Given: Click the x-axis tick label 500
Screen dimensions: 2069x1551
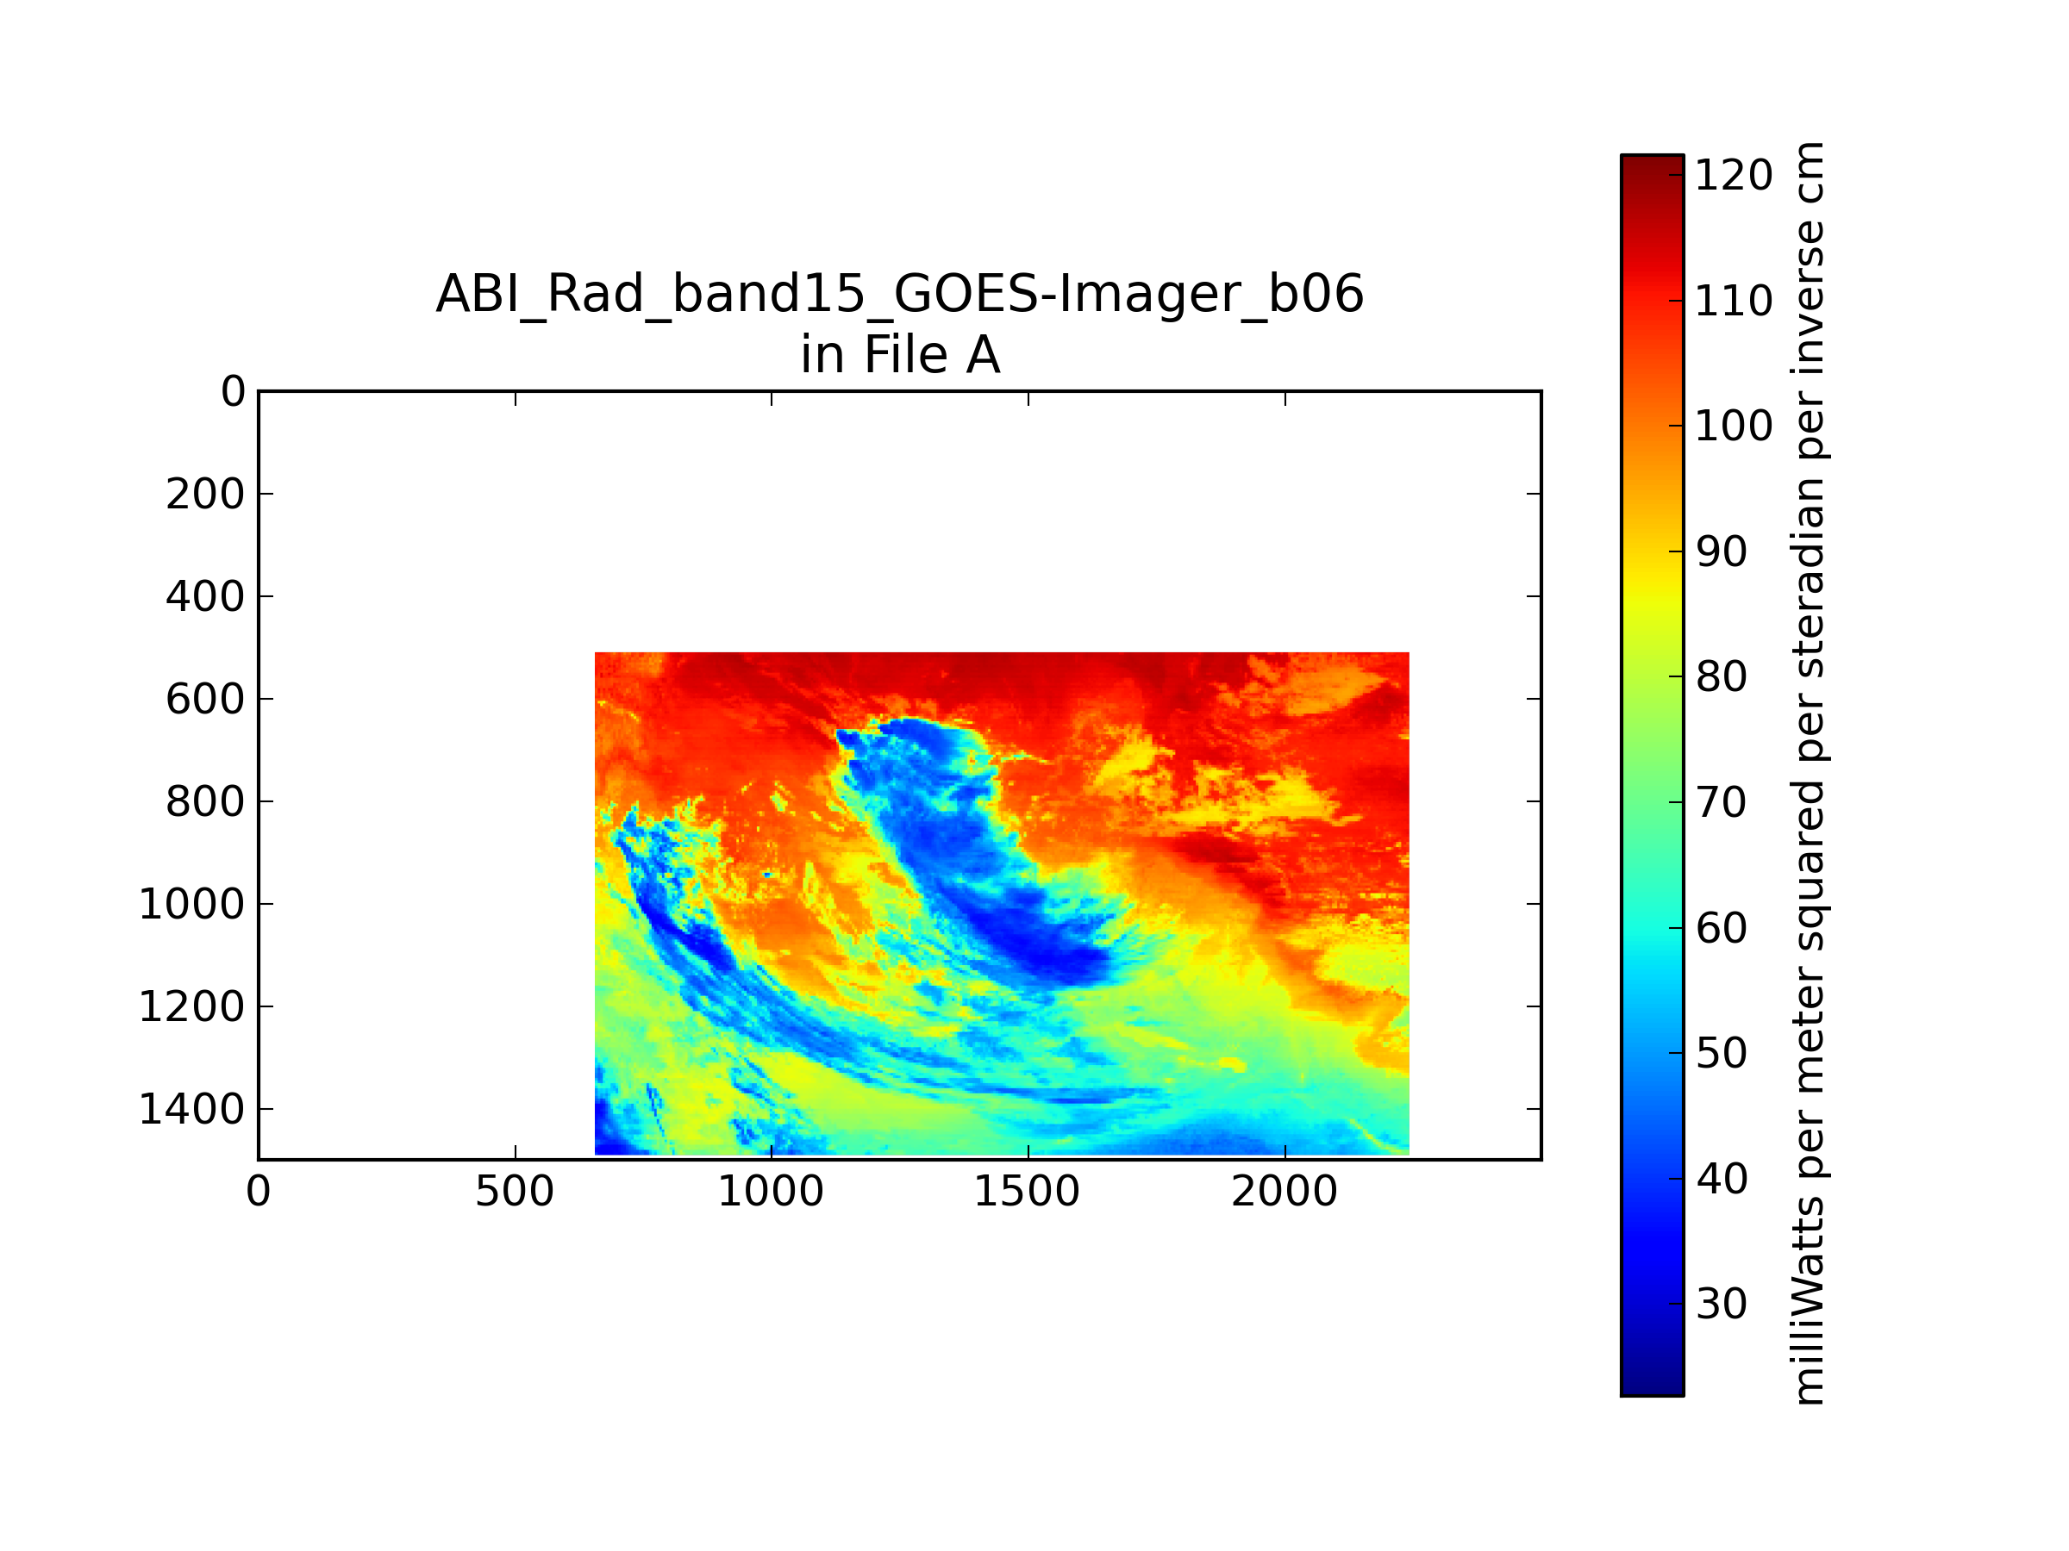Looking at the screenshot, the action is pos(515,1192).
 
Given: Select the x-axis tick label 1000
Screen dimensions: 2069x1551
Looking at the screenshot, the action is pos(771,1192).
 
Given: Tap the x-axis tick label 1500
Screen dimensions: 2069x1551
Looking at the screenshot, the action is pos(1027,1192).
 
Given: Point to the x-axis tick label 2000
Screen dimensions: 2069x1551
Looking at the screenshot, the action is pos(1285,1192).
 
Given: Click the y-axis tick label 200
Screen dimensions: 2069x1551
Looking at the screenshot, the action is pos(206,495).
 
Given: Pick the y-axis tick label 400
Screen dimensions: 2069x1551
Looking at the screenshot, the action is pos(206,596).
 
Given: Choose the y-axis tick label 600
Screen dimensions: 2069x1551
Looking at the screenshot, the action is pos(206,700).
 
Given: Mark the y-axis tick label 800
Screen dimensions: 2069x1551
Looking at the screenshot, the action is pos(206,802).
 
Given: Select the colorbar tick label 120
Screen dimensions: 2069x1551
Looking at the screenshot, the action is pos(1733,176).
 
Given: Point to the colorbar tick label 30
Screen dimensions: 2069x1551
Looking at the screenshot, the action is pos(1721,1303).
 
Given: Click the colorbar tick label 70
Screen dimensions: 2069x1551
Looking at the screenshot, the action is pos(1721,802).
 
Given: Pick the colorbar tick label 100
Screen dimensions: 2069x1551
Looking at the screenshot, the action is pos(1733,427).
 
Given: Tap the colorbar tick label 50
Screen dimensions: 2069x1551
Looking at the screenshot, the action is pos(1721,1053).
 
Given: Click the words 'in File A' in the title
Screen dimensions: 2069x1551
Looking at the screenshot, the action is pos(900,355).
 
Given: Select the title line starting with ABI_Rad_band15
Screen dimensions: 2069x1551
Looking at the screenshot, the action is pos(900,294).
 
